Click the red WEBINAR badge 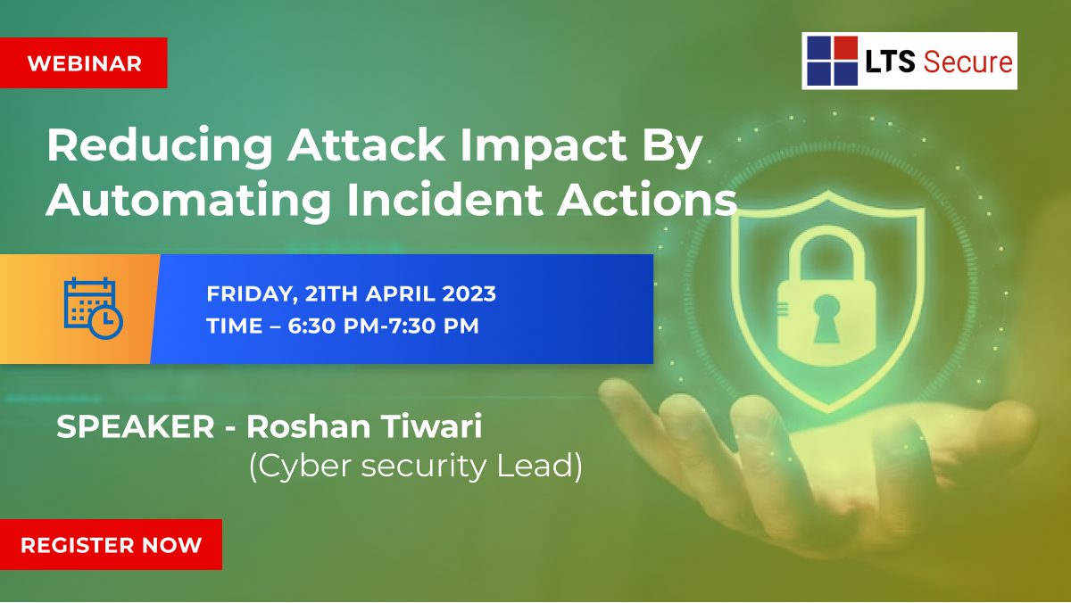click(x=84, y=63)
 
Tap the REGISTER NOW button click(x=111, y=544)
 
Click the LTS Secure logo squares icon click(x=832, y=62)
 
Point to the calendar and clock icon click(x=93, y=308)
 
